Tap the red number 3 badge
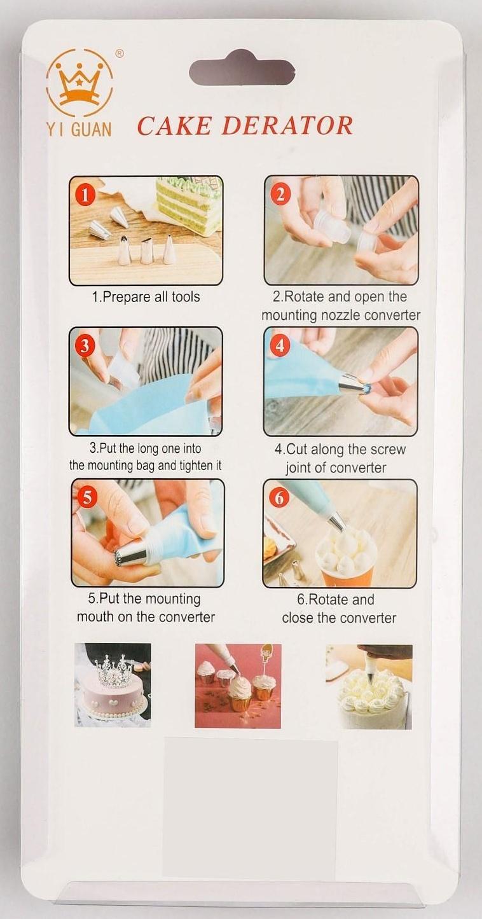tap(85, 346)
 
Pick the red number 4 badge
tap(280, 346)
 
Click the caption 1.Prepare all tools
tap(146, 297)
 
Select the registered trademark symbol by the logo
tap(118, 53)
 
